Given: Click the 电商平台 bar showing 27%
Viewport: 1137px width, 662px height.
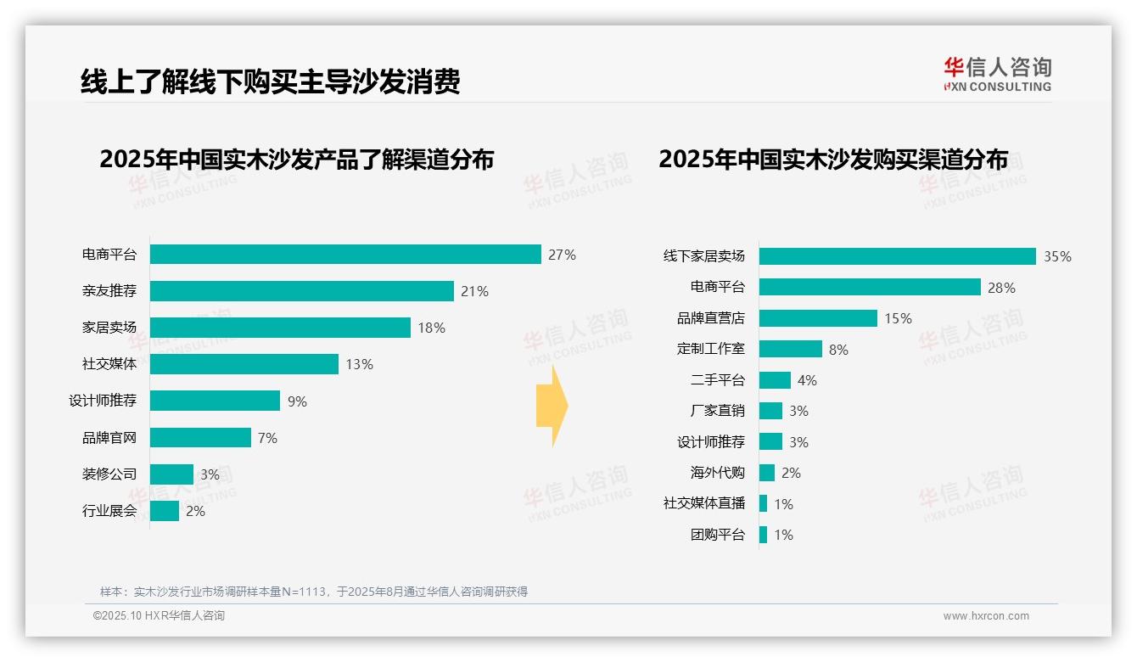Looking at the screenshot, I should tap(345, 255).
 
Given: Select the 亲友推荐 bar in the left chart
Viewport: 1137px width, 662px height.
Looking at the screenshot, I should tap(302, 291).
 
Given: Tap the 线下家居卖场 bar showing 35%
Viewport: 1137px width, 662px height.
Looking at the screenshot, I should tap(897, 256).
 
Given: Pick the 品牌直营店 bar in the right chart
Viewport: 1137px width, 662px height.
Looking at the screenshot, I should tap(818, 318).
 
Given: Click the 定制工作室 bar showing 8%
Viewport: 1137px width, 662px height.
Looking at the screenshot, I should tap(790, 349).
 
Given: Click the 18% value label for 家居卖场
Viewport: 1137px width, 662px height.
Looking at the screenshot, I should tap(431, 328).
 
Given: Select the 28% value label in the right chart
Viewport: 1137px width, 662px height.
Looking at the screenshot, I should tap(1001, 288).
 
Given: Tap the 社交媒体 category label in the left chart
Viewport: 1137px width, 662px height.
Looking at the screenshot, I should tap(109, 364).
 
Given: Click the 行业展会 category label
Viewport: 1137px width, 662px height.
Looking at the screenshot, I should tap(109, 511).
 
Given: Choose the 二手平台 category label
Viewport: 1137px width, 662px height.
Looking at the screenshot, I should tap(717, 380).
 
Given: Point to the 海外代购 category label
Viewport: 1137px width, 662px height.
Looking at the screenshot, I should tap(717, 473).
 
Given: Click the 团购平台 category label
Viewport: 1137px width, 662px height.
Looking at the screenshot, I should tap(717, 535).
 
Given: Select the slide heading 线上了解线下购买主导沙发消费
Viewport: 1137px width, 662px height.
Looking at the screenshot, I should tap(270, 82).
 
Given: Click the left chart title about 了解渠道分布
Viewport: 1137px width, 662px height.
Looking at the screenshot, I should tap(296, 160).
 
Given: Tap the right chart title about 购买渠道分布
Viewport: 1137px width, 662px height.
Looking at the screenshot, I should tap(833, 160).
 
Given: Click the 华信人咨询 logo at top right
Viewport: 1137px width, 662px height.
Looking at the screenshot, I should tap(997, 75).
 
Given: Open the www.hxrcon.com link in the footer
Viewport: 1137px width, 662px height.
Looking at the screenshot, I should tap(986, 616).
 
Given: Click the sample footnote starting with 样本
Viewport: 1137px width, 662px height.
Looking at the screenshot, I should tap(314, 592).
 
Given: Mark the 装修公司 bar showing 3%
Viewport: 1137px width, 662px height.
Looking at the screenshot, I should tap(171, 474).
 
